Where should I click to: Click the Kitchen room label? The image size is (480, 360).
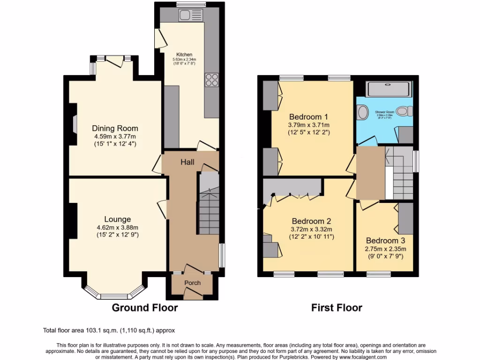tap(184, 54)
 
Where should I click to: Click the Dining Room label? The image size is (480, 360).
tap(115, 128)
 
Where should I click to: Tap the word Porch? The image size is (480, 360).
tap(192, 283)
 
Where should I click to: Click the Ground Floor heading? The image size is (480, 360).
tap(144, 308)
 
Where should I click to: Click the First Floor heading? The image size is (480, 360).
tap(337, 308)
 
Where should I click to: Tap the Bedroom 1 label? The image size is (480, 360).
tap(308, 117)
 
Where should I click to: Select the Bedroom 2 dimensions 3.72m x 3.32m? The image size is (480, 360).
tap(312, 229)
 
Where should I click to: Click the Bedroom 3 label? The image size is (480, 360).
tap(386, 240)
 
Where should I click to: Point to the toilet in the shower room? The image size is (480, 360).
tap(404, 112)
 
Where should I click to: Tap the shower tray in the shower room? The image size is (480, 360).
tap(389, 89)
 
